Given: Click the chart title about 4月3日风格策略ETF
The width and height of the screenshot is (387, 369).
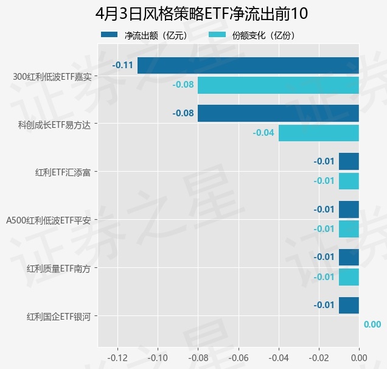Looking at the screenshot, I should tap(193, 13).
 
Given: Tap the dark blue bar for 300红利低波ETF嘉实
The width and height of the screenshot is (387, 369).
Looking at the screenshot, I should tap(248, 65).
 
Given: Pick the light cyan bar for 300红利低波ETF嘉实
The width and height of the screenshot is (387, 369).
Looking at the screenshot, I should tap(278, 85).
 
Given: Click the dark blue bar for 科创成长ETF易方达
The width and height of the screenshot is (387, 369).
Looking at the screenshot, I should tap(278, 113).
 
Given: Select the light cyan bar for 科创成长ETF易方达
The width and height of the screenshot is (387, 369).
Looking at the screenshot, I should tap(318, 133).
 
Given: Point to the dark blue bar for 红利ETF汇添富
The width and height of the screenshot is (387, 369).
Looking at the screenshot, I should tap(349, 161).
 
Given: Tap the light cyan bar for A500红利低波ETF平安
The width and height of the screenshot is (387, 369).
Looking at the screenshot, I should tap(349, 229).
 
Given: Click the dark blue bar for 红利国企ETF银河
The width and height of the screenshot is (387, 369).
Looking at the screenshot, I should tap(349, 305).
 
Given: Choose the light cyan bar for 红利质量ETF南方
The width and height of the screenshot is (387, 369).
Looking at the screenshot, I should tap(349, 277).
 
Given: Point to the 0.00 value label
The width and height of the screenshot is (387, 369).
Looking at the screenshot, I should tap(372, 325).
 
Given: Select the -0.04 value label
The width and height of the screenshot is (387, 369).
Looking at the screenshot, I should tap(263, 133).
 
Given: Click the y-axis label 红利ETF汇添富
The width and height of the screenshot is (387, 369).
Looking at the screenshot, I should tap(63, 172).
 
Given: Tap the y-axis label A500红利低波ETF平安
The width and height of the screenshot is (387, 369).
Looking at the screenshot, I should tap(48, 220).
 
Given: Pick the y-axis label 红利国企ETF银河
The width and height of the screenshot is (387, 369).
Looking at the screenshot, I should tap(58, 317).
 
